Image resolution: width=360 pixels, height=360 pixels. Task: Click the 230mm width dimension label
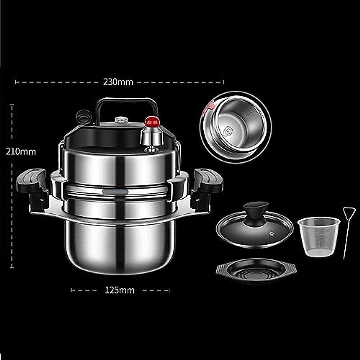click(x=118, y=82)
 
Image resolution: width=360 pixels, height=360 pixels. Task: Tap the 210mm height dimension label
click(x=21, y=152)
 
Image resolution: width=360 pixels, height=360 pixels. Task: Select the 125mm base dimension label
click(x=120, y=290)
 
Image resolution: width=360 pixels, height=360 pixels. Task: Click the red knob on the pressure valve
click(x=152, y=121)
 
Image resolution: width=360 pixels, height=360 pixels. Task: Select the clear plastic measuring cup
click(x=319, y=237)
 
